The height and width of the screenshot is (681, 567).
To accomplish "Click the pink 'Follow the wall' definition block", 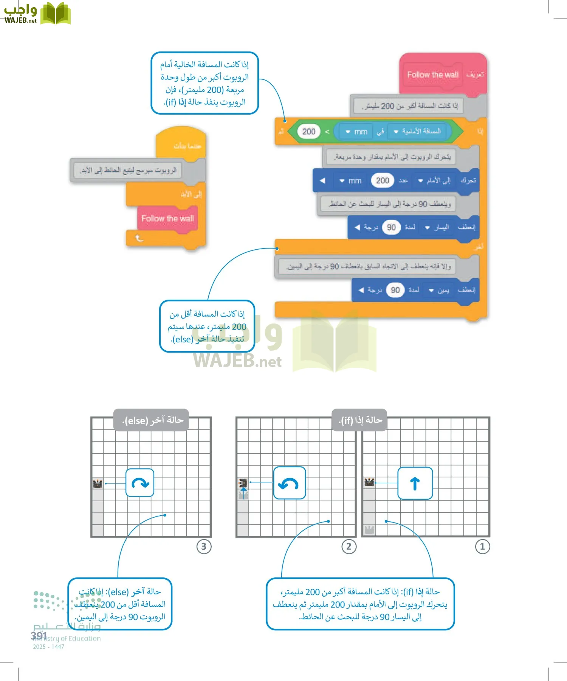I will point(433,75).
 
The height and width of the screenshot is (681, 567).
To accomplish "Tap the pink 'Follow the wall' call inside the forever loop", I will point(167,218).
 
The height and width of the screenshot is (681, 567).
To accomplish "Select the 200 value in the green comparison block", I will point(309,131).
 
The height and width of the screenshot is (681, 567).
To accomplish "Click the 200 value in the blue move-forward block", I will point(383,180).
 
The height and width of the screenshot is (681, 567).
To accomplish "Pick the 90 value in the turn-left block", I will point(391,227).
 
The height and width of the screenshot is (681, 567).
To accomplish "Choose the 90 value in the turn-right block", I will point(395,290).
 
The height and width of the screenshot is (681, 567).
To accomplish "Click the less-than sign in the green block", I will point(327,132).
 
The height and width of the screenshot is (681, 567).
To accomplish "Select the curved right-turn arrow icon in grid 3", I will point(140,483).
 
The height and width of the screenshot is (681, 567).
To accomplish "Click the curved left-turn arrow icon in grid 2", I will point(289,483).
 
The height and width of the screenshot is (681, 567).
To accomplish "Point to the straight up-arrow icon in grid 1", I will point(415,483).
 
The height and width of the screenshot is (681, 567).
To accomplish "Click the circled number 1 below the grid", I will point(482,546).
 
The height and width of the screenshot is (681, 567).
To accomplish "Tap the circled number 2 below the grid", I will point(349,546).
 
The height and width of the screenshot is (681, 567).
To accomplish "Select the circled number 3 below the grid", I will point(204,546).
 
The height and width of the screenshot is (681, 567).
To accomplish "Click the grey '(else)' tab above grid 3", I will point(151,420).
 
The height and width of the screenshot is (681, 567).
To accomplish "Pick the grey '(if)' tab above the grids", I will point(359,420).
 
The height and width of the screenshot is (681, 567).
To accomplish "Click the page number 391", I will point(39,636).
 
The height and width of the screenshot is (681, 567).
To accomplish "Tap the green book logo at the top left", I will point(56,14).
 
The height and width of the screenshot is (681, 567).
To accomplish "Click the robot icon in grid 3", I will point(98,483).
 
